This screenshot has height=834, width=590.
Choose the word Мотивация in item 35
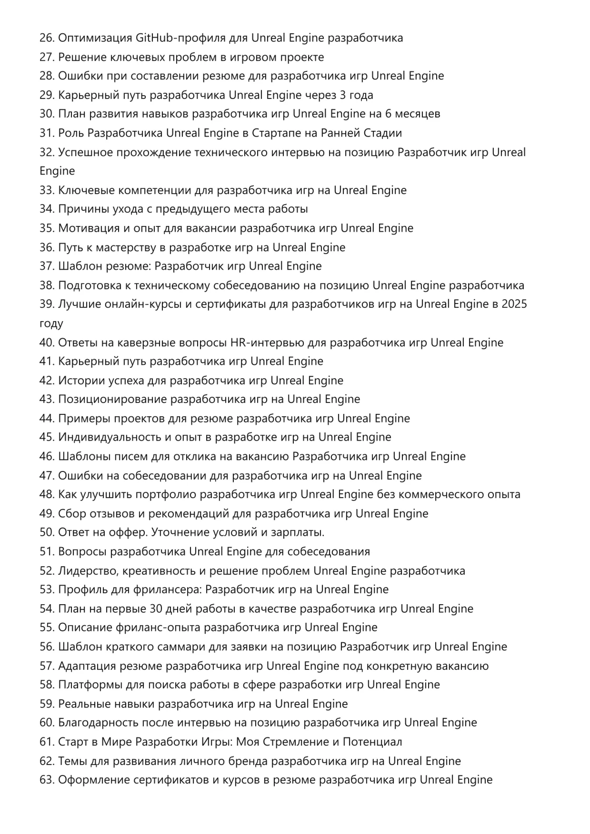pos(89,228)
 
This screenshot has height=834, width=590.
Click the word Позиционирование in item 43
pos(113,399)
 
